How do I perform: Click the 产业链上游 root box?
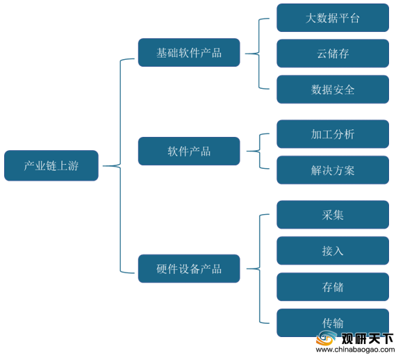51,165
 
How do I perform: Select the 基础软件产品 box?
189,53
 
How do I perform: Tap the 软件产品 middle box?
189,151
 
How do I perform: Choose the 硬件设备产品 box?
189,268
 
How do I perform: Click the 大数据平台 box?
333,17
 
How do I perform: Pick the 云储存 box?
333,54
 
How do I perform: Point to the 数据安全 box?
333,89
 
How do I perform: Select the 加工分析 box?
333,134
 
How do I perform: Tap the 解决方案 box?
333,170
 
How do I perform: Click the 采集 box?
333,215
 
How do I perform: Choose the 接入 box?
333,251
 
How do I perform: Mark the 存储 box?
333,287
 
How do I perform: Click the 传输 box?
333,322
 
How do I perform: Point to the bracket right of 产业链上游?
120,166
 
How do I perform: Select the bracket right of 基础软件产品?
259,54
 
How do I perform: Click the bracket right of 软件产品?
260,151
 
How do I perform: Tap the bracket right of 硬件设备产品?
260,268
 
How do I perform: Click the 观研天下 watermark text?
368,338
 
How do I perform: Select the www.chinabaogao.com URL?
355,350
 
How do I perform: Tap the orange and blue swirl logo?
327,338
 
